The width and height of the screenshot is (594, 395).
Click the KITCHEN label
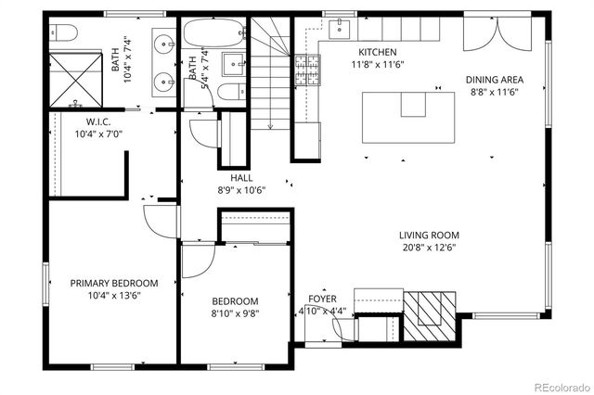point(378,53)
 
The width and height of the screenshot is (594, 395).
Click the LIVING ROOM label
point(429,236)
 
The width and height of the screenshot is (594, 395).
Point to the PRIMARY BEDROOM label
point(114,284)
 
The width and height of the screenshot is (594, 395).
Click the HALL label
point(242,177)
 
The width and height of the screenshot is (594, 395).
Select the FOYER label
point(322,299)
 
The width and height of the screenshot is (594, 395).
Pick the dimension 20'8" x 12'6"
point(429,248)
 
